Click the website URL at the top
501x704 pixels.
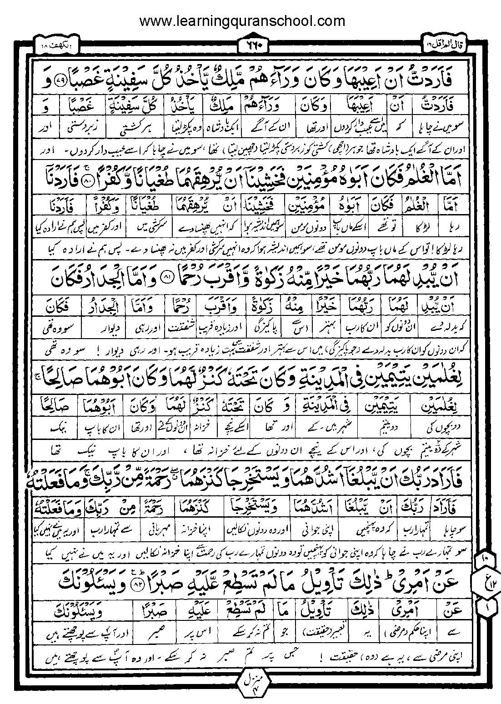(242, 21)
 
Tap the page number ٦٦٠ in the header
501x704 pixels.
(250, 45)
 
